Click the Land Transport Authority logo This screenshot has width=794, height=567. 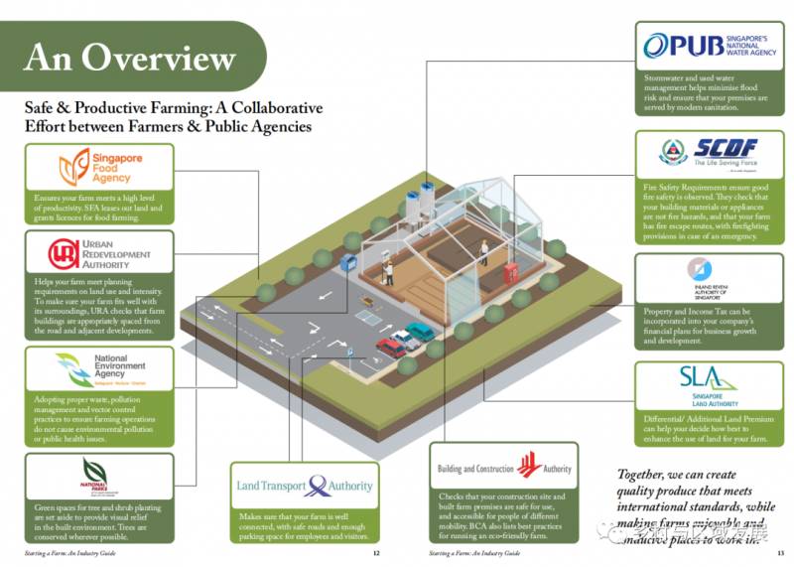click(306, 487)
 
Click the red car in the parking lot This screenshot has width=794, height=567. click(391, 348)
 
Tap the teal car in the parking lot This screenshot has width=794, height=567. click(420, 332)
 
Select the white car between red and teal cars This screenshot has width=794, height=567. click(405, 340)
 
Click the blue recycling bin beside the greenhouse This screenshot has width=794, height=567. click(348, 264)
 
